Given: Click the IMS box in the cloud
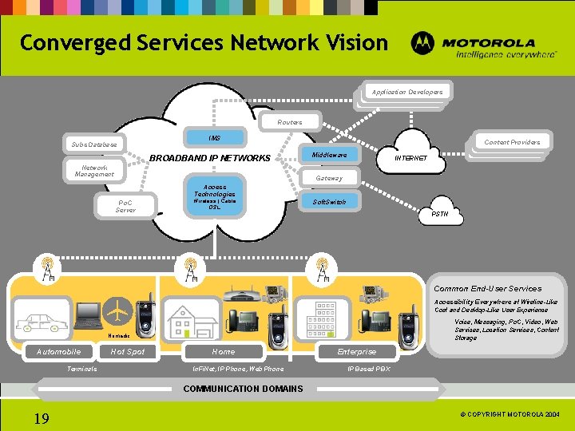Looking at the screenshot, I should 215,138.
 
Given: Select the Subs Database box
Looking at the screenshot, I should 93,145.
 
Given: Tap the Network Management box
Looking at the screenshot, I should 93,171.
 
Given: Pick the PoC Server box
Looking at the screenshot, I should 125,207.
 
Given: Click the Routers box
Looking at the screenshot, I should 289,122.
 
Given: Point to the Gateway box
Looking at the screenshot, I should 328,178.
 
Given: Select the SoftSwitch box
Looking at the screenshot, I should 329,202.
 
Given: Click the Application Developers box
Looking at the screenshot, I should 406,92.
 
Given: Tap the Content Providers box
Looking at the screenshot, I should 512,142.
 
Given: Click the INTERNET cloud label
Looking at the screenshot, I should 412,158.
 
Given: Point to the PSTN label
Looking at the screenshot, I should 440,214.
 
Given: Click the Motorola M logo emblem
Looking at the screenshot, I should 423,44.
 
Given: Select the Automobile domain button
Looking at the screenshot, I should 58,351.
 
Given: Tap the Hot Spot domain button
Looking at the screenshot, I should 128,351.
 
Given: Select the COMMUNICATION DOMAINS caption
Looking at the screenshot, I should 244,389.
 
